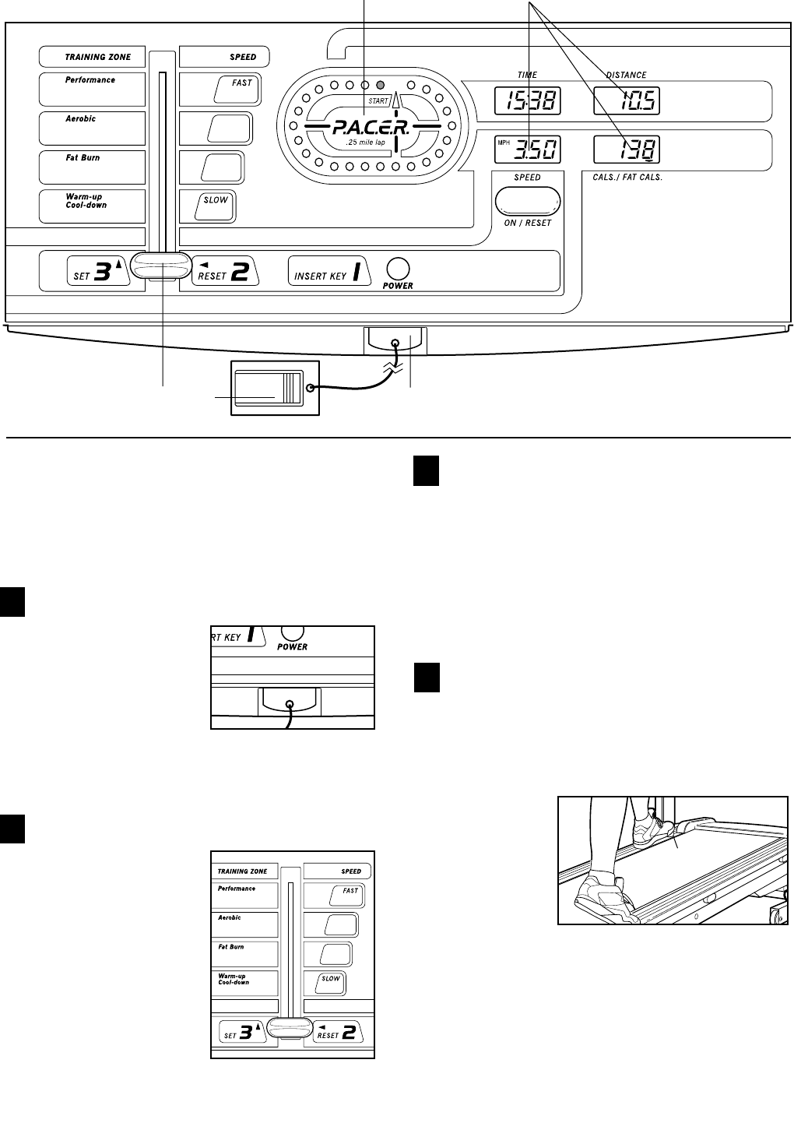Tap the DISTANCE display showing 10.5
coord(627,100)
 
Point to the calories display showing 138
coord(627,150)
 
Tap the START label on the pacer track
coord(378,101)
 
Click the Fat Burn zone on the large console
coord(92,167)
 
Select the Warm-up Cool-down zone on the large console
coord(92,206)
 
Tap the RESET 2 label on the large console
coord(223,272)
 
